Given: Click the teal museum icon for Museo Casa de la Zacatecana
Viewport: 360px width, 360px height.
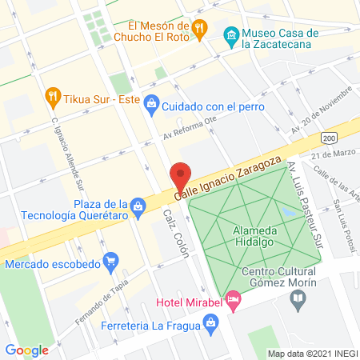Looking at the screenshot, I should point(231,35).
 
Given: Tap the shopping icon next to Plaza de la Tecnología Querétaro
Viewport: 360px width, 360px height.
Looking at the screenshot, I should point(139,206).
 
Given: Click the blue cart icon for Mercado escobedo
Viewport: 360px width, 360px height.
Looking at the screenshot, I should point(111,261).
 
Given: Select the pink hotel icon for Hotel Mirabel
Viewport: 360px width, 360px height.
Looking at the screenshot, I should point(233,302).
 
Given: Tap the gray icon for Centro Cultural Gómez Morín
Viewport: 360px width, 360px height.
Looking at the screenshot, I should point(298,301).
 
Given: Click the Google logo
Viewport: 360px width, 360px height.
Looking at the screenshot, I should point(26,350).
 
